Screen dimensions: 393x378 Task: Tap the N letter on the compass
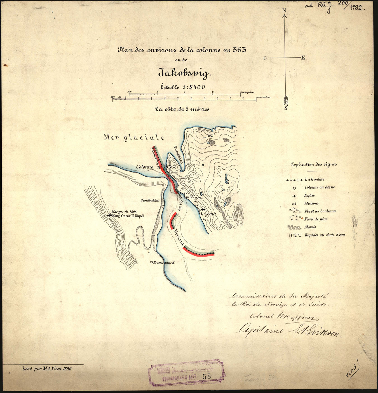[284, 11]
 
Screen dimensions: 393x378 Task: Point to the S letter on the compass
[286, 108]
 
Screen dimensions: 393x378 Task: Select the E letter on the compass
[303, 58]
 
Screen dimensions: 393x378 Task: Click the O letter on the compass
[265, 58]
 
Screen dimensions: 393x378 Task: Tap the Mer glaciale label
[134, 137]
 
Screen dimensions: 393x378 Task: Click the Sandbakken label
[150, 200]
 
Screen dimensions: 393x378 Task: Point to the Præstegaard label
[164, 262]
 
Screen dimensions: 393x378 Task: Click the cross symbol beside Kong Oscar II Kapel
[109, 215]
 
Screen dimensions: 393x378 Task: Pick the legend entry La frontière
[314, 179]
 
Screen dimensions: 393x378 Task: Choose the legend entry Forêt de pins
[316, 219]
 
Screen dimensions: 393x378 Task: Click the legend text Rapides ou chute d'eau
[325, 235]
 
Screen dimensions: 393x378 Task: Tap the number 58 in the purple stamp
[207, 376]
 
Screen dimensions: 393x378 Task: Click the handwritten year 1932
[356, 7]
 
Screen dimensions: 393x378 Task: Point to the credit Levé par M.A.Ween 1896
[47, 369]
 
